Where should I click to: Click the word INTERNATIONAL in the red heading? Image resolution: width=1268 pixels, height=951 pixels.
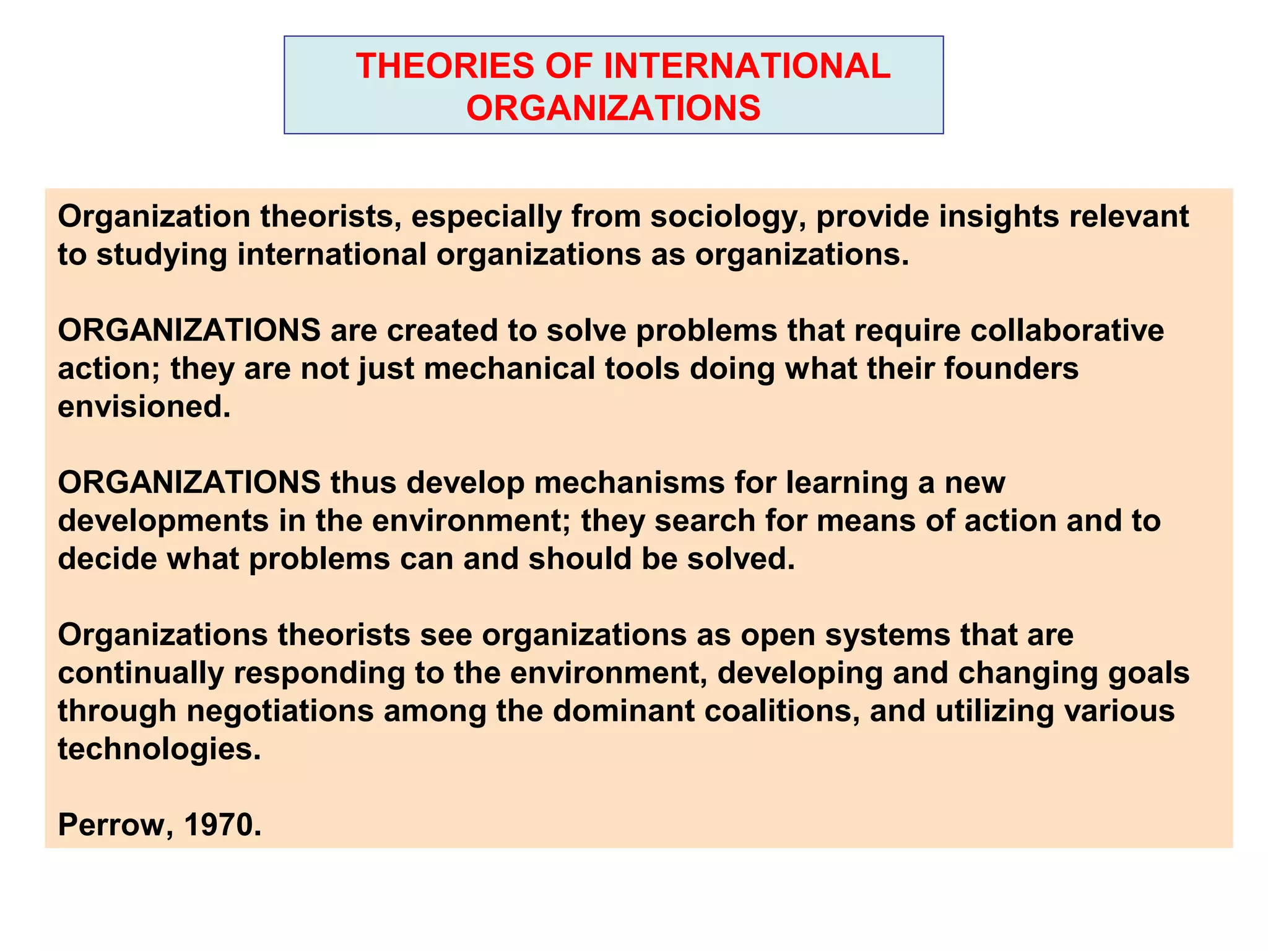pos(747,66)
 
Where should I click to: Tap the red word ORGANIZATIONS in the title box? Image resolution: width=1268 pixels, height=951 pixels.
pos(613,108)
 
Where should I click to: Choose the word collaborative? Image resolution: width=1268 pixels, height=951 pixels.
pos(1067,330)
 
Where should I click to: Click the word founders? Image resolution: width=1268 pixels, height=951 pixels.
pos(1011,368)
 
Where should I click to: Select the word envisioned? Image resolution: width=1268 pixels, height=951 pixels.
pos(144,407)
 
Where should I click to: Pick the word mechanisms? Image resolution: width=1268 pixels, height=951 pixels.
pos(629,483)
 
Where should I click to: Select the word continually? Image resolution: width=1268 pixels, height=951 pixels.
pos(141,674)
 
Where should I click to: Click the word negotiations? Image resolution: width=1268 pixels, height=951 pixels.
pos(280,711)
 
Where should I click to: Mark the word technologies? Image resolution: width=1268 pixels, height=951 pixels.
pos(159,750)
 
